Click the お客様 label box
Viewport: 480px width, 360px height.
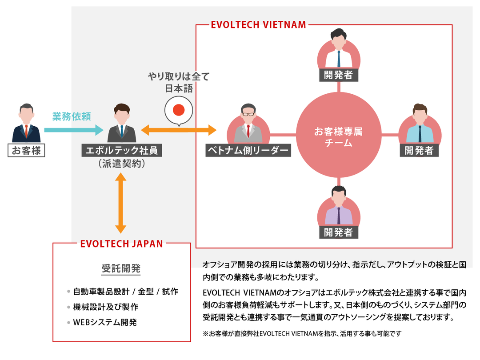tap(26, 151)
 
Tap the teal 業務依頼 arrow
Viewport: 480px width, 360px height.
tap(73, 130)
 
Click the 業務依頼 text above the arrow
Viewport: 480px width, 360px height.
tap(72, 116)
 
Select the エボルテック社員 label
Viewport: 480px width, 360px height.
tap(122, 151)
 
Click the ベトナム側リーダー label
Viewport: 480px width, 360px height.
tap(248, 151)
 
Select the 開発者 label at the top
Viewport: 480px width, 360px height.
tap(339, 75)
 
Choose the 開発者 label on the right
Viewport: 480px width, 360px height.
tap(419, 151)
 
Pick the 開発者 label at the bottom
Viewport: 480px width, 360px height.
tap(339, 232)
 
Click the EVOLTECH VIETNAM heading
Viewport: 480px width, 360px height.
tap(258, 25)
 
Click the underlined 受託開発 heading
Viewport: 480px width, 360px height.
tap(121, 268)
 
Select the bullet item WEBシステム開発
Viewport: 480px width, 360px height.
tap(105, 322)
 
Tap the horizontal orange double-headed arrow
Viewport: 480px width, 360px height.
tap(179, 130)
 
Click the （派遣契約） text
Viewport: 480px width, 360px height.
tap(122, 164)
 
